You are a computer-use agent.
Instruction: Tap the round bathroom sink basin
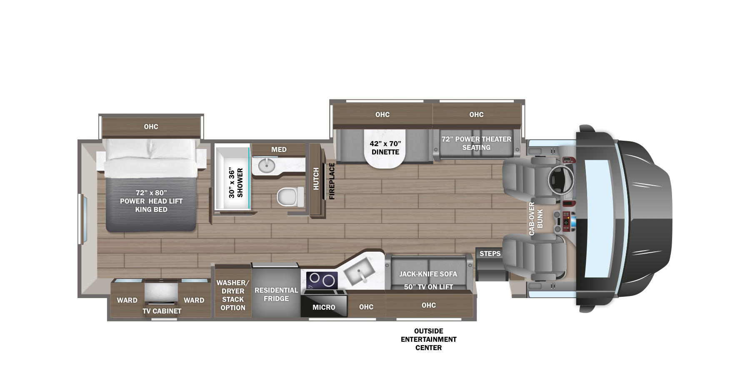[x=266, y=165]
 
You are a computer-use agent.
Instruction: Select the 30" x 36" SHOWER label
[x=235, y=183]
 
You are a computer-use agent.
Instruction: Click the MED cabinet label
[x=279, y=149]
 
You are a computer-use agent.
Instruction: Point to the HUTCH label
[x=316, y=179]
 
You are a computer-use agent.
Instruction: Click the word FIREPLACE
[x=332, y=181]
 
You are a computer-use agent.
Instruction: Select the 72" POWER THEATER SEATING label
[x=476, y=143]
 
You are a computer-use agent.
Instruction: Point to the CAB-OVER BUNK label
[x=535, y=219]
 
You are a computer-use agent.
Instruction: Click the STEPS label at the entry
[x=490, y=254]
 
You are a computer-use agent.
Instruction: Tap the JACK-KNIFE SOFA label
[x=428, y=274]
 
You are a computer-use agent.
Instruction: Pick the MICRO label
[x=324, y=307]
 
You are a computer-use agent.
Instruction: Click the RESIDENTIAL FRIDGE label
[x=276, y=294]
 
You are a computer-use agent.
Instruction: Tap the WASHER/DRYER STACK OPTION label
[x=233, y=295]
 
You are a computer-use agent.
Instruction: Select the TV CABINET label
[x=162, y=311]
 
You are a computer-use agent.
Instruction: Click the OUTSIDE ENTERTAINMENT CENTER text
[x=428, y=339]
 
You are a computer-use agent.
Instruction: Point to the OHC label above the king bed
[x=151, y=127]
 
